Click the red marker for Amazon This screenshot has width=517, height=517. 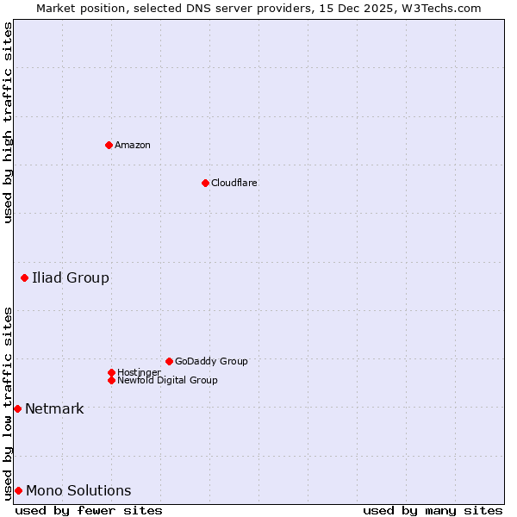coord(109,145)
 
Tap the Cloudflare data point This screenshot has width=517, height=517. coord(205,183)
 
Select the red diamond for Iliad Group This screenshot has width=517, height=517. coord(24,277)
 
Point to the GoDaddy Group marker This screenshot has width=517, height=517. coord(169,361)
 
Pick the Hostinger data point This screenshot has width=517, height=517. coord(111,372)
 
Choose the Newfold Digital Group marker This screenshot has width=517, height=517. coord(111,380)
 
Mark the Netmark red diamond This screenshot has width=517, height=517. coord(17,408)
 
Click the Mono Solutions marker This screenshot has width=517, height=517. coord(18,490)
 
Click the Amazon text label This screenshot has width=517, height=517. coord(133,145)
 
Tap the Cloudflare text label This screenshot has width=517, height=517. coord(234,183)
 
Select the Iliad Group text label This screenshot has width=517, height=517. coord(71,277)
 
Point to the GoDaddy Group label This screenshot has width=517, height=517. coord(211,361)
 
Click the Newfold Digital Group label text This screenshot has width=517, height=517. coord(167,380)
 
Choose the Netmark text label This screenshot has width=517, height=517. coord(54,408)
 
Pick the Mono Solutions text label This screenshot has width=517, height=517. coord(78,490)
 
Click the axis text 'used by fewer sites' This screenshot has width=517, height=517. coord(89,510)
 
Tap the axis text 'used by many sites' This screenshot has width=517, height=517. coord(433,510)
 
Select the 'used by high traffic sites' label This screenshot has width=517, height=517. coord(8,122)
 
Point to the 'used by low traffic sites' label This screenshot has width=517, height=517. coord(8,402)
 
